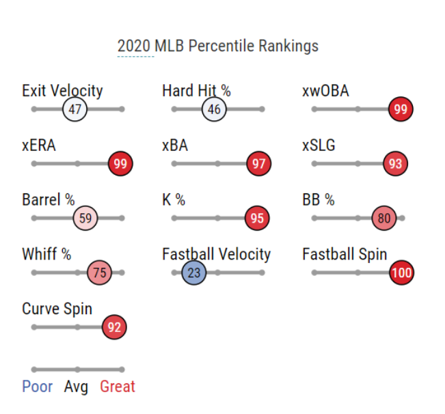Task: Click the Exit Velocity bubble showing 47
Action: point(75,109)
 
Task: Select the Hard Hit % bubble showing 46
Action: point(214,109)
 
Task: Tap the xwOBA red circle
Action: point(401,109)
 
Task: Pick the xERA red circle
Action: point(121,164)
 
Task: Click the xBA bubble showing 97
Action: point(258,164)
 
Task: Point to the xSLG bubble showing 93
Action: point(395,164)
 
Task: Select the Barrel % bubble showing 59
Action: point(85,219)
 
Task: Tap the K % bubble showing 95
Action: point(257,219)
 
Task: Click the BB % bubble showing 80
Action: point(384,219)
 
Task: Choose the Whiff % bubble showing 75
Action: point(100,273)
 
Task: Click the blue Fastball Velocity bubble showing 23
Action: point(194,273)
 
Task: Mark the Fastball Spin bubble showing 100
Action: point(401,273)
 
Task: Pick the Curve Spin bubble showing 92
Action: point(114,327)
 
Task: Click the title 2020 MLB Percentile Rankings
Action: point(217,46)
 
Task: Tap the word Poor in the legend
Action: point(37,387)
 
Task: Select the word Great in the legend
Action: point(118,387)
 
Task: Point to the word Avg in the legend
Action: point(76,387)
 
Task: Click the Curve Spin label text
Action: point(57,309)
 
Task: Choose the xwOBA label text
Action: point(325,91)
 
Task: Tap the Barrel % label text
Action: point(48,200)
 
